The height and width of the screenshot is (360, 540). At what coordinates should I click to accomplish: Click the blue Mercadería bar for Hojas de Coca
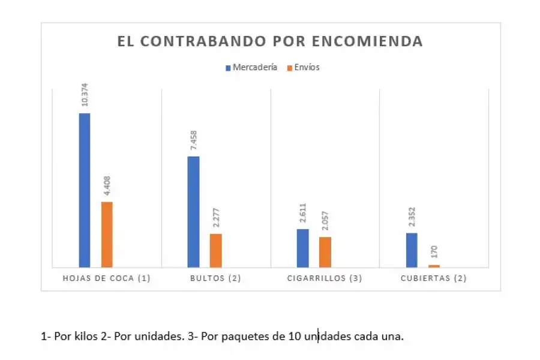85,190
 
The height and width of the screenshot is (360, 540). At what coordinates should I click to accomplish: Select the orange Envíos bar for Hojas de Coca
107,234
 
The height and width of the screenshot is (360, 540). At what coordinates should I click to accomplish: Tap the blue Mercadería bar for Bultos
193,211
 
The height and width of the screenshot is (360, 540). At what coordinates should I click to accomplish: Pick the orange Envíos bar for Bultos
215,250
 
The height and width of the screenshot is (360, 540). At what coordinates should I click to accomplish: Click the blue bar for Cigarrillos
302,248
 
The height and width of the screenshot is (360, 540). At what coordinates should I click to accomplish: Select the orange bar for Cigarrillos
325,252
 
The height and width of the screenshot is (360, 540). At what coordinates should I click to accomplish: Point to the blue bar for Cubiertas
412,250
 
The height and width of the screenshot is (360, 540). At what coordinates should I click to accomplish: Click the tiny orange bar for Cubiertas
434,266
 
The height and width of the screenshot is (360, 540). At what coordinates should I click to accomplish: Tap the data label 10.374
85,96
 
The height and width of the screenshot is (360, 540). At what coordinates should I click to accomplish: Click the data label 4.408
107,185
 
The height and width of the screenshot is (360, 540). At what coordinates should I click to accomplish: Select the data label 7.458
193,140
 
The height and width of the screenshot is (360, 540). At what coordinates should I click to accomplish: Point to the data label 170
434,251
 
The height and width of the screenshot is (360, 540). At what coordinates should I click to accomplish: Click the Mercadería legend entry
251,68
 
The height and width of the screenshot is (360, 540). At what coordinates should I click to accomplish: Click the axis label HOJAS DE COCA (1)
107,278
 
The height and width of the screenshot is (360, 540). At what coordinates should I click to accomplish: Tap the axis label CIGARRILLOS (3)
325,278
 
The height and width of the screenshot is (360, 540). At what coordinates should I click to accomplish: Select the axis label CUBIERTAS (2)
434,278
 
